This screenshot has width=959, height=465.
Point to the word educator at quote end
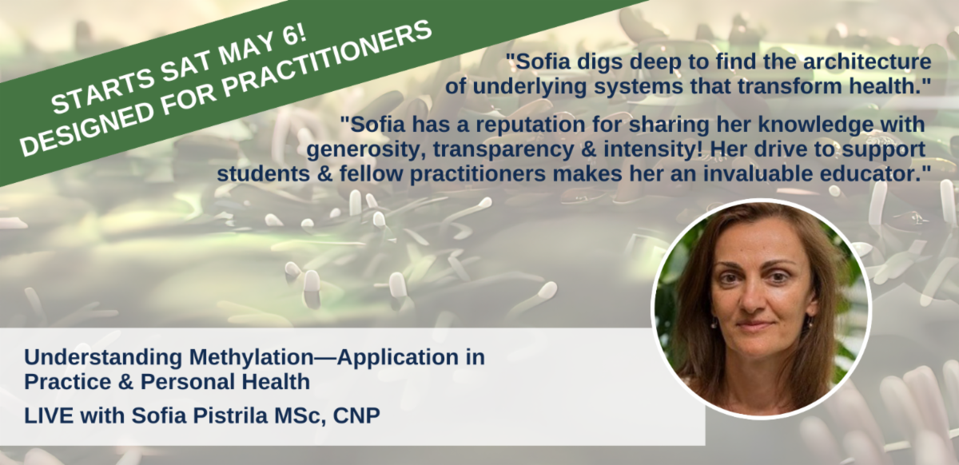pos(877,174)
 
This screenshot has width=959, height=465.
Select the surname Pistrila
pos(231,415)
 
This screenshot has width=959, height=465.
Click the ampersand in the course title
pos(125,382)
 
